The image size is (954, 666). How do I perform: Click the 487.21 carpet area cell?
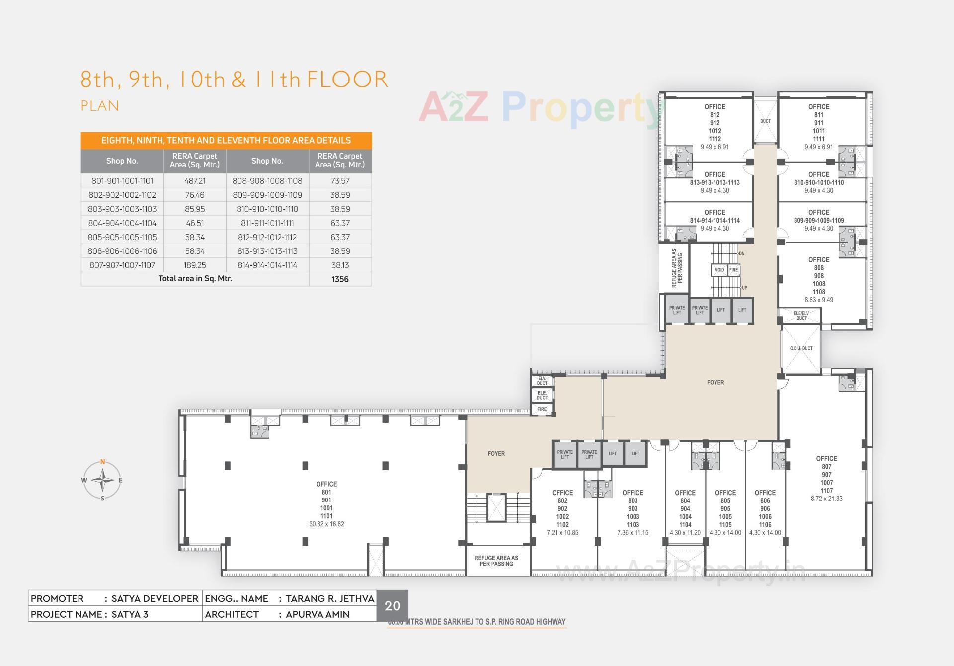click(x=195, y=181)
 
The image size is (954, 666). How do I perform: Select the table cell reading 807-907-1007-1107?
click(x=122, y=265)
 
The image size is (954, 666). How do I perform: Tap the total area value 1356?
click(x=340, y=279)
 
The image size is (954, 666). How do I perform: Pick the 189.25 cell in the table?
click(x=195, y=265)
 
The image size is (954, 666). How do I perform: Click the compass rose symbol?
click(x=102, y=480)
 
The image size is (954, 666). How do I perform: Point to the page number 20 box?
click(x=393, y=606)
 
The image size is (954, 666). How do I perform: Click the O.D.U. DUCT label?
click(x=801, y=348)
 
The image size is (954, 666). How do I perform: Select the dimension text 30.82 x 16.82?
click(x=326, y=524)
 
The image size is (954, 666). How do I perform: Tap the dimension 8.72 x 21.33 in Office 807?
click(x=826, y=499)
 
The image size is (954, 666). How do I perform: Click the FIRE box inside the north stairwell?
click(x=733, y=270)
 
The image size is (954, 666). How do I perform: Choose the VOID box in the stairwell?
click(x=719, y=270)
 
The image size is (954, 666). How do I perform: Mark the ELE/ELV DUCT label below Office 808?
click(x=801, y=316)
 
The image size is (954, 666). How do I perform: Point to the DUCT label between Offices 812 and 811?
click(x=765, y=121)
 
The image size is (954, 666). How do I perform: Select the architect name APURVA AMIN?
click(x=318, y=614)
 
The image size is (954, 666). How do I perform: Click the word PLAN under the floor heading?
click(x=100, y=106)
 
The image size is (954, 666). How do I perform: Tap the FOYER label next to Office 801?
click(x=496, y=454)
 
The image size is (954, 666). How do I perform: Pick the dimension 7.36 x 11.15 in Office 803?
click(x=633, y=533)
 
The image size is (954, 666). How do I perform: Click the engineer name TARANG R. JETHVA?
click(x=329, y=598)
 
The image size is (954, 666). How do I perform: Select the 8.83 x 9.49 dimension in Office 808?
click(x=819, y=300)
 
